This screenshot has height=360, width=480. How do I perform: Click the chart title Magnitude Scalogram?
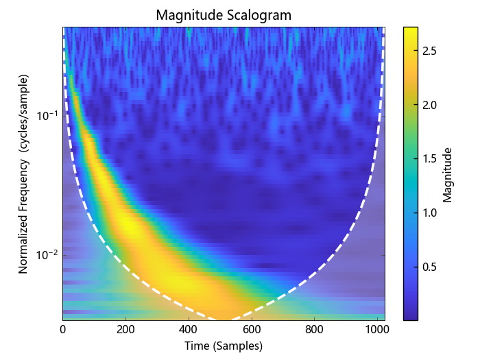224,14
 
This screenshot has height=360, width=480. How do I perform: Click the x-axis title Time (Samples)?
224,346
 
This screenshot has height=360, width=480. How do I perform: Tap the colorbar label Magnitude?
448,174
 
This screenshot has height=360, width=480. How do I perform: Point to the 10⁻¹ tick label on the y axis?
47,115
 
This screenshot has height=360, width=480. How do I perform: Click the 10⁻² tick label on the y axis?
47,255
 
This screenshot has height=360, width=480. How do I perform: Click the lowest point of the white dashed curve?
224,320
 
